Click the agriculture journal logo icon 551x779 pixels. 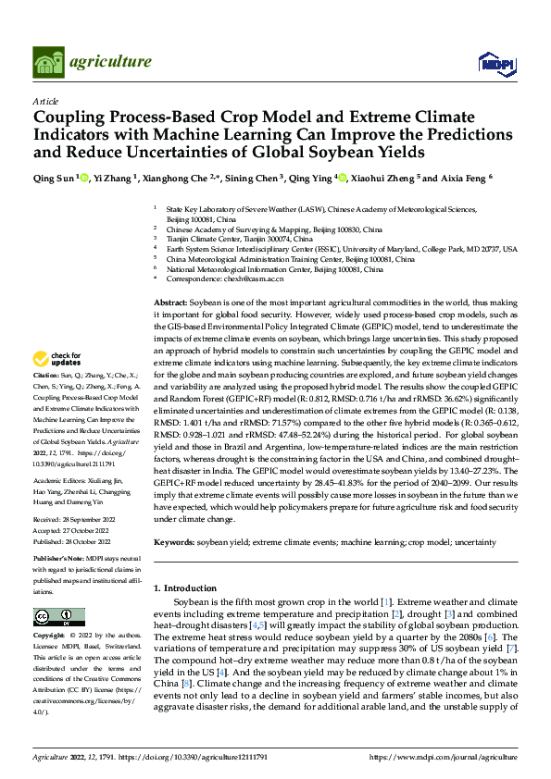click(x=48, y=62)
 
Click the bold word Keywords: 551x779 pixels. click(x=175, y=541)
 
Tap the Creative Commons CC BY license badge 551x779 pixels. click(x=59, y=616)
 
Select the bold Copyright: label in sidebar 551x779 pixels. click(x=50, y=636)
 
